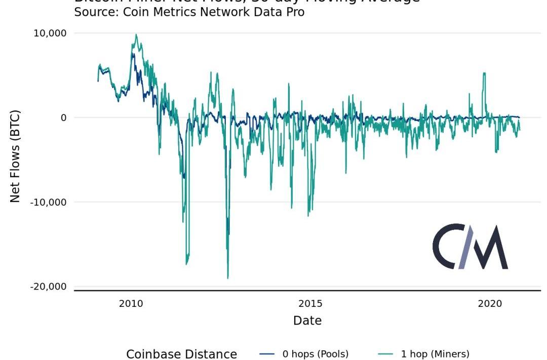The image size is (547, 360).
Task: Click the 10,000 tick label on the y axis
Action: (x=49, y=33)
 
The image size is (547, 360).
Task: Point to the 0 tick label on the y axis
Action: (x=63, y=118)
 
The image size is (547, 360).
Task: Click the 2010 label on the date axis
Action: (x=131, y=304)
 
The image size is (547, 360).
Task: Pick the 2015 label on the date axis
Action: (x=310, y=304)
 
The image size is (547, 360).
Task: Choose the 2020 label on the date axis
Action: (x=490, y=304)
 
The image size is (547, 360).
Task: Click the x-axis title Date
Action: (x=307, y=321)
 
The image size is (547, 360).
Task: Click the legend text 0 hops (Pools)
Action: (x=316, y=354)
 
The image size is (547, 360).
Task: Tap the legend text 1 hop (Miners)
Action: (x=435, y=354)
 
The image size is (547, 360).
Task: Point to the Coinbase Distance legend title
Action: (x=181, y=354)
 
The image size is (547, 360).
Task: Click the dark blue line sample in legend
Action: (x=267, y=354)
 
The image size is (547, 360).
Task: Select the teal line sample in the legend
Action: (x=386, y=354)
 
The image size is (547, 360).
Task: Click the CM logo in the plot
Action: (x=470, y=247)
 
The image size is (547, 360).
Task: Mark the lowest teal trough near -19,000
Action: (x=228, y=277)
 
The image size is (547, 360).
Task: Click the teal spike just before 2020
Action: (x=484, y=74)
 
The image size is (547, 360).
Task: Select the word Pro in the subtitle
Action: (x=295, y=12)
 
